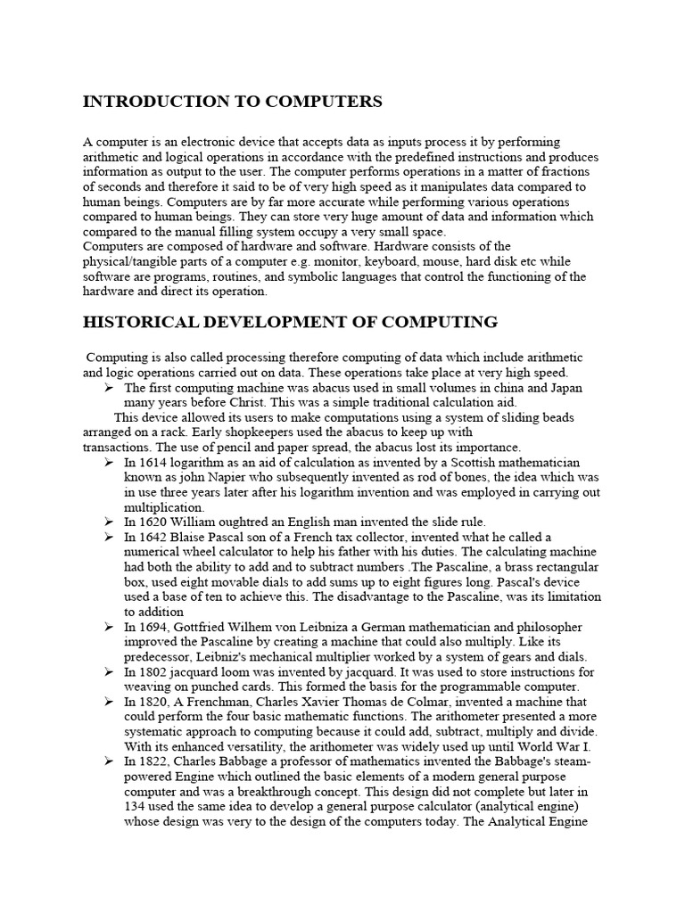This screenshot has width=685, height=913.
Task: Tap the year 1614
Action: pos(153,463)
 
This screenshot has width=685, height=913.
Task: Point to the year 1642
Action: pos(153,537)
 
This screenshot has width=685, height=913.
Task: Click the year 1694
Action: pos(153,627)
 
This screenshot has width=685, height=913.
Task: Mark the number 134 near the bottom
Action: pos(135,807)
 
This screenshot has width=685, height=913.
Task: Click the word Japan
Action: pos(563,388)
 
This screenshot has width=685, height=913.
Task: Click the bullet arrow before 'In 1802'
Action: pos(108,671)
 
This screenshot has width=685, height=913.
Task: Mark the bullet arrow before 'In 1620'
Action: pos(108,522)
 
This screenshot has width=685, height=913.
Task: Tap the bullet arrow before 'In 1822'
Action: pos(108,761)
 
